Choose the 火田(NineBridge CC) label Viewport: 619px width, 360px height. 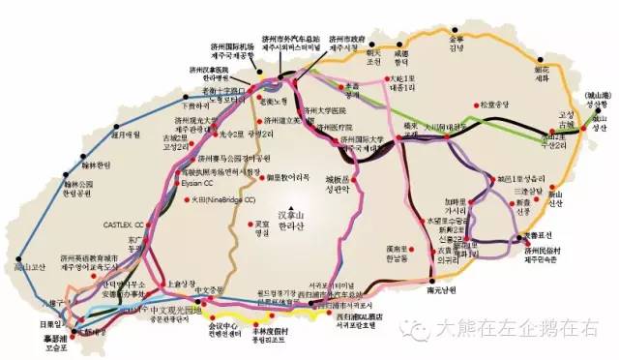(x=223, y=200)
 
